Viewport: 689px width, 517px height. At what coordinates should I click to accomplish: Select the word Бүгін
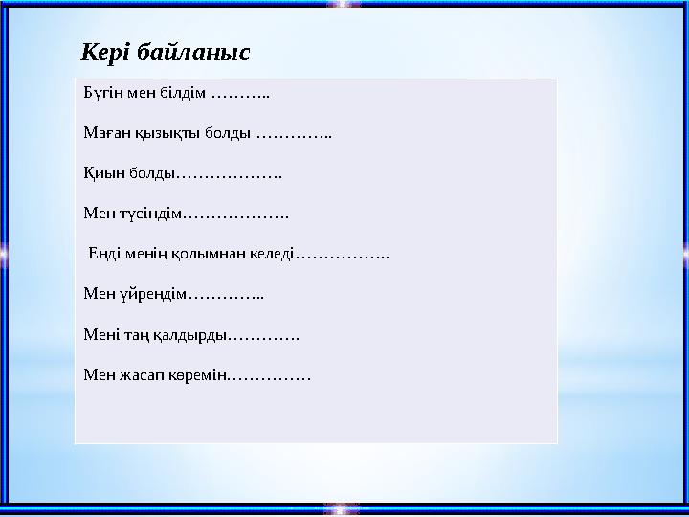100,95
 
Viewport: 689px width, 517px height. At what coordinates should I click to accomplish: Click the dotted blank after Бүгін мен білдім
240,95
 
